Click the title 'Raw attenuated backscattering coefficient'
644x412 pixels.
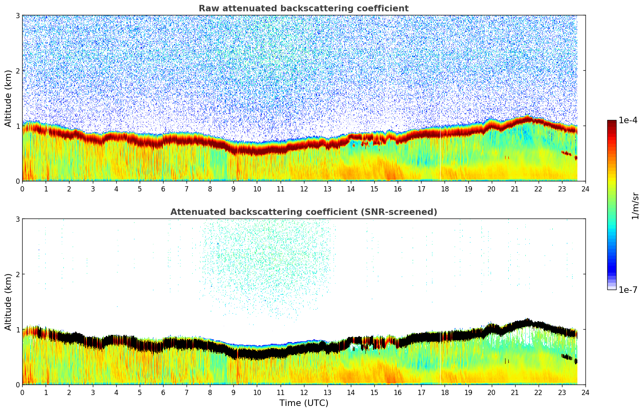click(303, 8)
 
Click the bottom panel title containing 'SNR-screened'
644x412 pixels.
click(303, 212)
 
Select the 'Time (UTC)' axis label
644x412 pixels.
click(304, 403)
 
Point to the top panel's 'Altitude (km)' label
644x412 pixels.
click(8, 98)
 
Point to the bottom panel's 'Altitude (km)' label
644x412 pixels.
click(8, 302)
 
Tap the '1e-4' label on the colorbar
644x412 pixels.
click(628, 120)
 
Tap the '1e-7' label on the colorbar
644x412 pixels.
click(628, 290)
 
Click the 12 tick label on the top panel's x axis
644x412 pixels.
click(304, 189)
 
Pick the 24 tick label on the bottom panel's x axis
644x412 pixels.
click(585, 393)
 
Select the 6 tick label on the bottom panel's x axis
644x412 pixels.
click(163, 393)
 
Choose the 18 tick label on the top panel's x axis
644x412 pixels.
click(445, 189)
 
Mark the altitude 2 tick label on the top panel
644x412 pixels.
click(17, 71)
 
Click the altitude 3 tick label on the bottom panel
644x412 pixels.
click(17, 219)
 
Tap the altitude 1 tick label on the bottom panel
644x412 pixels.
click(17, 330)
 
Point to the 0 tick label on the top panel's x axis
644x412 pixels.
click(22, 189)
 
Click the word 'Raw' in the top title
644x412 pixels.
click(207, 8)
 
